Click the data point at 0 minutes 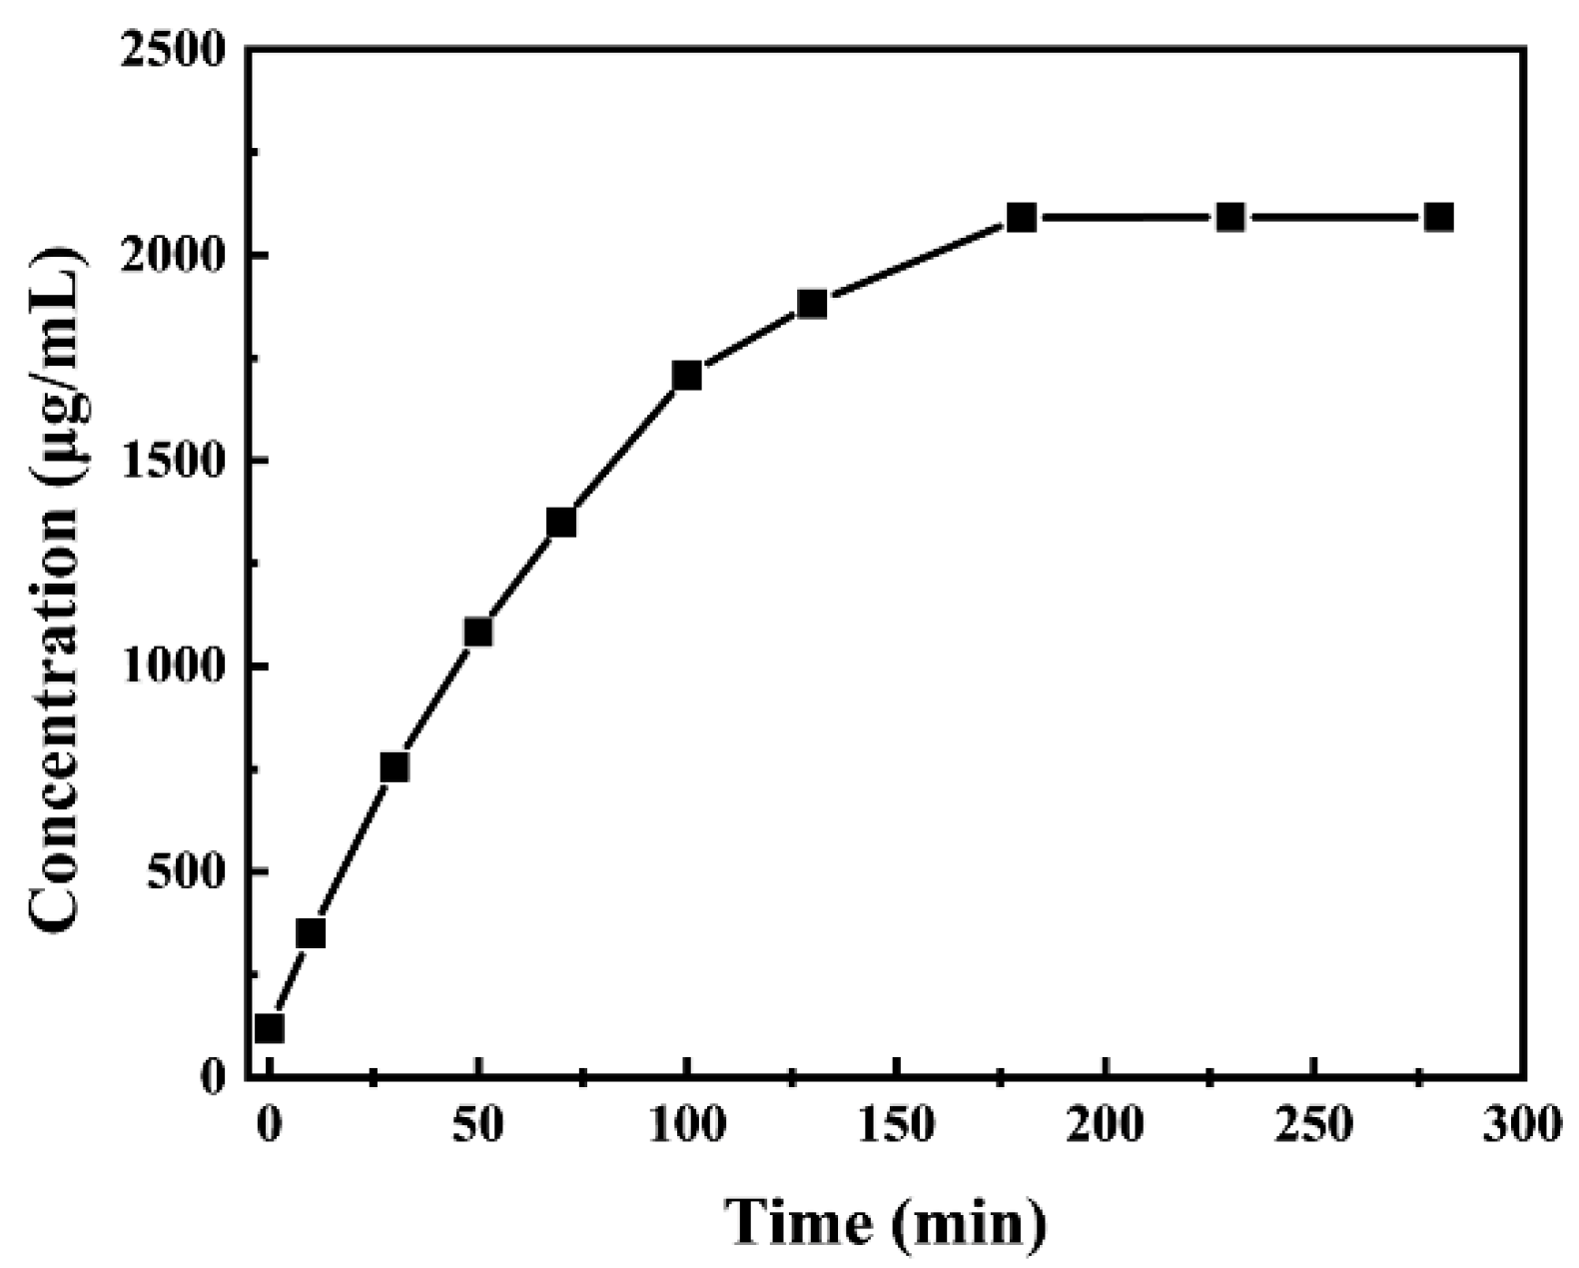point(269,1028)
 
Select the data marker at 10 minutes point(311,933)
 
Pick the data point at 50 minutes point(478,633)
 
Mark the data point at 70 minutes point(561,522)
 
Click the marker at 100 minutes point(687,376)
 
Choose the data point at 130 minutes point(812,304)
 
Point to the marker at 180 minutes point(1022,217)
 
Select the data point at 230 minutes point(1230,217)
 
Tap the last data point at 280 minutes point(1439,217)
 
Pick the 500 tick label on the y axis point(190,872)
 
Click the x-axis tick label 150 point(896,1126)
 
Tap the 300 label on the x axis point(1522,1126)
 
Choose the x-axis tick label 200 point(1106,1126)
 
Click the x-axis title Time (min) point(886,1221)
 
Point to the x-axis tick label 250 point(1314,1126)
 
